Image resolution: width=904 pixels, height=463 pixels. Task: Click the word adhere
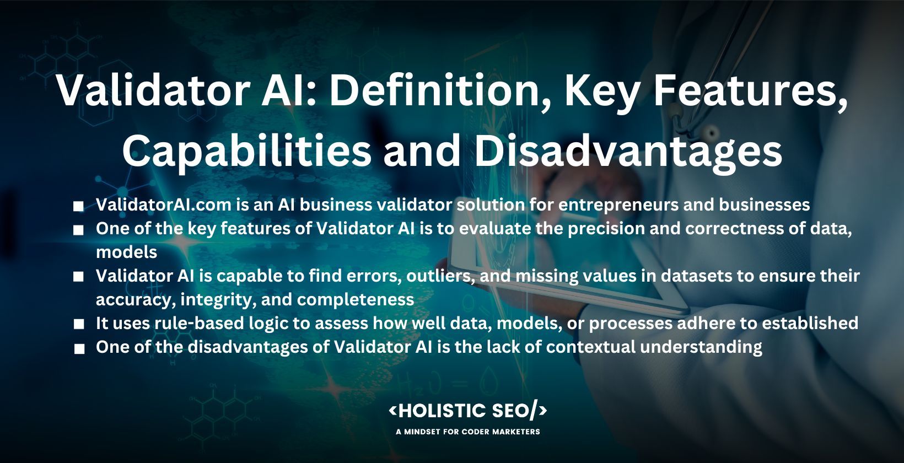(712, 324)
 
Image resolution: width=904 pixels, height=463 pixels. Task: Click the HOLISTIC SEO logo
(468, 411)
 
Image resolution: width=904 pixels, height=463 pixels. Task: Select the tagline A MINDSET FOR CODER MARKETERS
(468, 432)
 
